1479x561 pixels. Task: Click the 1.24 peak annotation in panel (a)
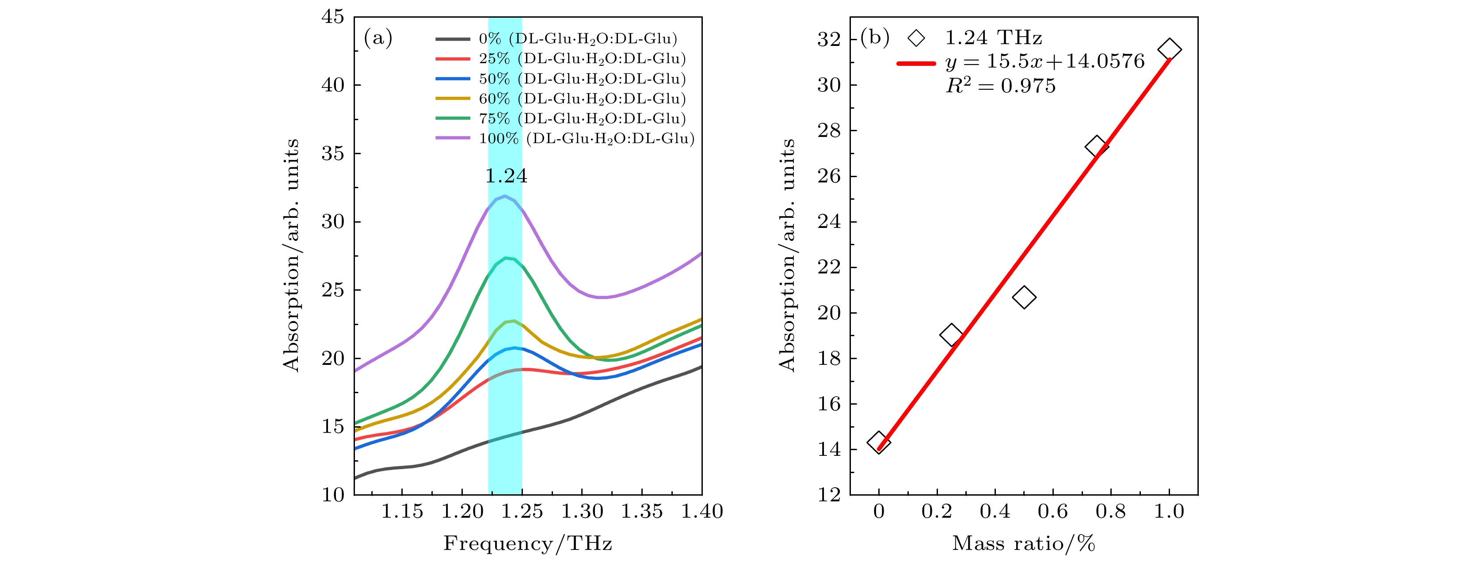[x=506, y=175]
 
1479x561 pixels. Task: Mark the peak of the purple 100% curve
[x=505, y=196]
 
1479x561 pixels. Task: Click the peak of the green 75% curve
[x=506, y=258]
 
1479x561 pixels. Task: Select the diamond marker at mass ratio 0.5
[x=1024, y=297]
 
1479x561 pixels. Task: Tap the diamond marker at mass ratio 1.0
[x=1169, y=50]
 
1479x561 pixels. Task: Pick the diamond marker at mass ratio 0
[x=878, y=442]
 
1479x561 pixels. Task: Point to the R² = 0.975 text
[x=1001, y=86]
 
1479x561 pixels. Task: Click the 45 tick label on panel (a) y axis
[x=333, y=17]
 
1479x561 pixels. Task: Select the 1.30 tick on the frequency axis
[x=582, y=511]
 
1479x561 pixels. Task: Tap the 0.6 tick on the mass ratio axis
[x=1052, y=511]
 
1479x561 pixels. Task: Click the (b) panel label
[x=874, y=38]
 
